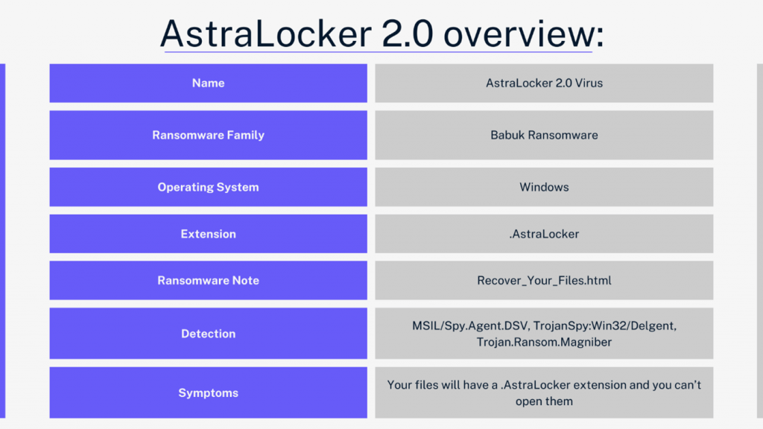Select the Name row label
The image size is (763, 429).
point(209,83)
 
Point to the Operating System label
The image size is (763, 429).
point(209,187)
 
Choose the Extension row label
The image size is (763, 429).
point(209,234)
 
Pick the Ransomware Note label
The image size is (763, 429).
point(209,281)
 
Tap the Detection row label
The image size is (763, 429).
point(209,334)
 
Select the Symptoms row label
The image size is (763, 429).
point(209,393)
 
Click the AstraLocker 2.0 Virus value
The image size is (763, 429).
point(544,83)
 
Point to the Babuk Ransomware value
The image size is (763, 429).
point(544,136)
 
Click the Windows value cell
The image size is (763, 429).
point(544,187)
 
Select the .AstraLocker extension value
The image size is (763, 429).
point(544,234)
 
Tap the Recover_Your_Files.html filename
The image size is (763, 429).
point(544,281)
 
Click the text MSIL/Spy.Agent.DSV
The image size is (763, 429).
point(472,326)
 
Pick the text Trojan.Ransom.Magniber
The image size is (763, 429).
point(544,343)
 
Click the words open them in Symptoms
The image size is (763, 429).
point(544,401)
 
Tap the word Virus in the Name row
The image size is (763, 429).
point(589,83)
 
